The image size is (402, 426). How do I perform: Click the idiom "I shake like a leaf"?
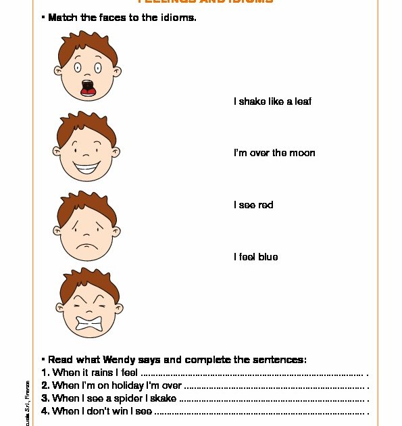tap(272, 101)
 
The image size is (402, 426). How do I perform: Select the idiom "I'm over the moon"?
tap(274, 153)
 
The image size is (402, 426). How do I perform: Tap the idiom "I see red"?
tap(253, 205)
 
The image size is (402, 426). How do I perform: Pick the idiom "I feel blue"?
tap(255, 257)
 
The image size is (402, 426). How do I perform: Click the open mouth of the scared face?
tap(87, 87)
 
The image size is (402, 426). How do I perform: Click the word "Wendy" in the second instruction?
tap(140, 360)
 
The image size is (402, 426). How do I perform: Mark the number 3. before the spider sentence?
tap(45, 398)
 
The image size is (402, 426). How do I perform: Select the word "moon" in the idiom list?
tap(302, 153)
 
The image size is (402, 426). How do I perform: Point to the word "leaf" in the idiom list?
tap(303, 101)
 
